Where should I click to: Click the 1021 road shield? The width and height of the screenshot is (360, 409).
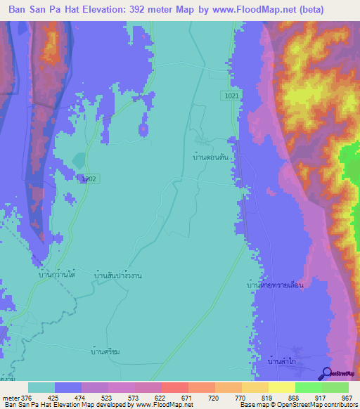[233, 96]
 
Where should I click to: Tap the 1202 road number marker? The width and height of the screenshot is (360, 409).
[89, 179]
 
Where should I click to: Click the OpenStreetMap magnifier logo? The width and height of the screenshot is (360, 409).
[326, 374]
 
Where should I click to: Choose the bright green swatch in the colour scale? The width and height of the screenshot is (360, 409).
[308, 387]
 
